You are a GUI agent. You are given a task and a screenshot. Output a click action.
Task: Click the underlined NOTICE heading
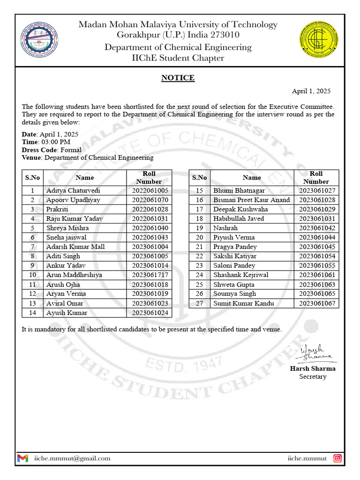click(178, 78)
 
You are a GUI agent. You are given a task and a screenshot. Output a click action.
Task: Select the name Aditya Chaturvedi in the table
click(73, 191)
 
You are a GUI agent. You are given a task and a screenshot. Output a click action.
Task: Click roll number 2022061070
click(150, 200)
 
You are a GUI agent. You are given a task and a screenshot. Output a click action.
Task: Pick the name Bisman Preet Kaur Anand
click(251, 200)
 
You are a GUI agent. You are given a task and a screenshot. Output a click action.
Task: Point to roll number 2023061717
click(150, 275)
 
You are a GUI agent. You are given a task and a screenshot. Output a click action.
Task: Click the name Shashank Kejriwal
click(240, 275)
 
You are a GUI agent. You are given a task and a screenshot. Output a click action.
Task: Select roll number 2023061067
click(317, 303)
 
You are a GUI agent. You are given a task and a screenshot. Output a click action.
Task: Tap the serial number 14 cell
click(32, 313)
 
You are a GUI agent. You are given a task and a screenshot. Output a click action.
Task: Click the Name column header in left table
click(84, 178)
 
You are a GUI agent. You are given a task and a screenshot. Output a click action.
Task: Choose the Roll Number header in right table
click(316, 178)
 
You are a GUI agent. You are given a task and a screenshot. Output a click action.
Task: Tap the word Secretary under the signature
click(313, 376)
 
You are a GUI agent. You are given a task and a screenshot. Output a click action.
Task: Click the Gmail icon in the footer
click(22, 458)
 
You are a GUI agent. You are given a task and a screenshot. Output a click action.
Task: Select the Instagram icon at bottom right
click(337, 458)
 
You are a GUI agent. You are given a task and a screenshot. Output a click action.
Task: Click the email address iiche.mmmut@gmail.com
click(72, 458)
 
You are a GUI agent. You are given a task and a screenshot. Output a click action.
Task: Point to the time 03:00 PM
click(56, 142)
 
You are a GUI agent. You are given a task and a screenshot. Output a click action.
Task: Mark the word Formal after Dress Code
click(71, 150)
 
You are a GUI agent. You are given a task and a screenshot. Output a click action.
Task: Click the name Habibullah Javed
click(238, 219)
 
